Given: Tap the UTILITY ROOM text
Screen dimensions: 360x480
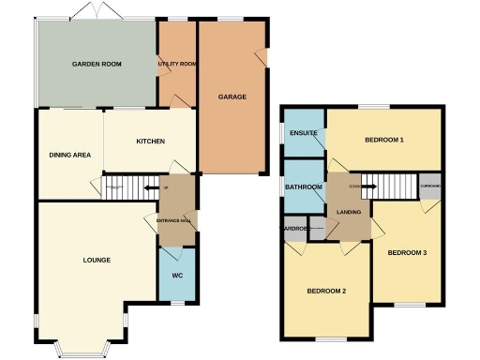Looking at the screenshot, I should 177,64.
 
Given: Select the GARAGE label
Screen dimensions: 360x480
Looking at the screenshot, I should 232,97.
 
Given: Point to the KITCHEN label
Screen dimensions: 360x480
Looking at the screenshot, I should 150,142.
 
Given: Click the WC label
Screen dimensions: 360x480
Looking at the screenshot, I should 177,276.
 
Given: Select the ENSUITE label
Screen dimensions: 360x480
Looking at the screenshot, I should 304,133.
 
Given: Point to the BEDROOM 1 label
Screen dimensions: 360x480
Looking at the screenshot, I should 383,141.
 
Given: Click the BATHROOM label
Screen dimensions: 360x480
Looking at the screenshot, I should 304,187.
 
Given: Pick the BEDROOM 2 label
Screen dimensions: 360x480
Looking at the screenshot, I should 327,292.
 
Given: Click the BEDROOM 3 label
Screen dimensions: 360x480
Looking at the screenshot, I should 407,252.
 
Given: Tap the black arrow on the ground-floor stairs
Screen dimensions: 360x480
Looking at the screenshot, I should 149,188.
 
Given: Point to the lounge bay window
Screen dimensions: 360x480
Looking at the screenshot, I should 82,349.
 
